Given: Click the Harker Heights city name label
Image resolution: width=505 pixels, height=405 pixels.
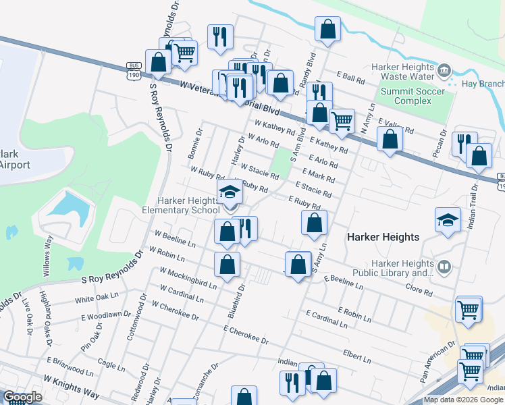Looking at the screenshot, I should (383, 237).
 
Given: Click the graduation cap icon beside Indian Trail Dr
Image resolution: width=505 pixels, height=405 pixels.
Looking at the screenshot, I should (448, 221).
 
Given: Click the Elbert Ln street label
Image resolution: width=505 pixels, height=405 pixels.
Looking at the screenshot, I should (357, 352).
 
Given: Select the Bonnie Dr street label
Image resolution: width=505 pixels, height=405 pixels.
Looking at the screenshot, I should (194, 145).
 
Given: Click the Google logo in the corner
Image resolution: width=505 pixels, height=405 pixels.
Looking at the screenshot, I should (23, 397).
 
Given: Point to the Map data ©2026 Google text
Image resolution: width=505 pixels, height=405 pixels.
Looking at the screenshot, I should (462, 400).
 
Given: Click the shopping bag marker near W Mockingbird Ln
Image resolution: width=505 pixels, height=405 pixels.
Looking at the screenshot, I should (227, 264).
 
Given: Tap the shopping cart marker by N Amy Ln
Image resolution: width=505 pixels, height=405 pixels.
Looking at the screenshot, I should (342, 120).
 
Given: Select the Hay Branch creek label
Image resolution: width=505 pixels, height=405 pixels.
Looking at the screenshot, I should (483, 84).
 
